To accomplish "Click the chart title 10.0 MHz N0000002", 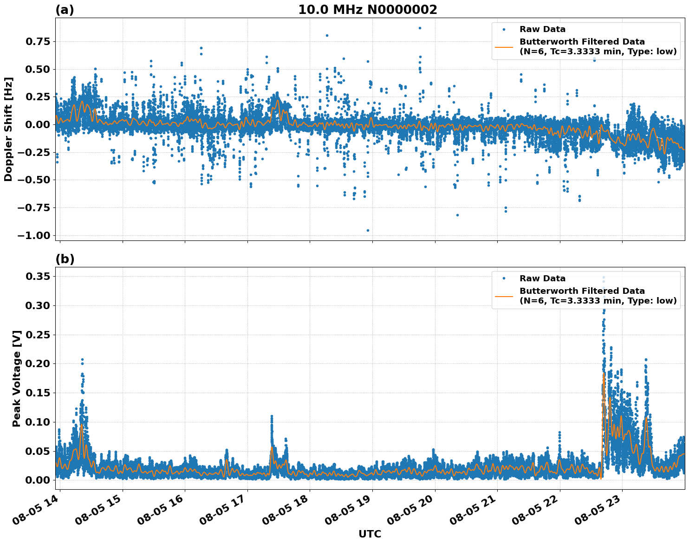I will click(x=367, y=10).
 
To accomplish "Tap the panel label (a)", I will click(x=65, y=10).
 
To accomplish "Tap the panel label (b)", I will click(x=65, y=259).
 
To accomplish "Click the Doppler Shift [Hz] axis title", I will click(x=8, y=129).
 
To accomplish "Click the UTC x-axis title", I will click(x=370, y=534).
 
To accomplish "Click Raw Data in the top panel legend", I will click(x=542, y=29).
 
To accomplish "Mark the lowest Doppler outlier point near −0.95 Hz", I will click(x=368, y=230).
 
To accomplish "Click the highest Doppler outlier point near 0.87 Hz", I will click(x=420, y=28).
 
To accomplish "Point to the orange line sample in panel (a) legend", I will click(x=504, y=47).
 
